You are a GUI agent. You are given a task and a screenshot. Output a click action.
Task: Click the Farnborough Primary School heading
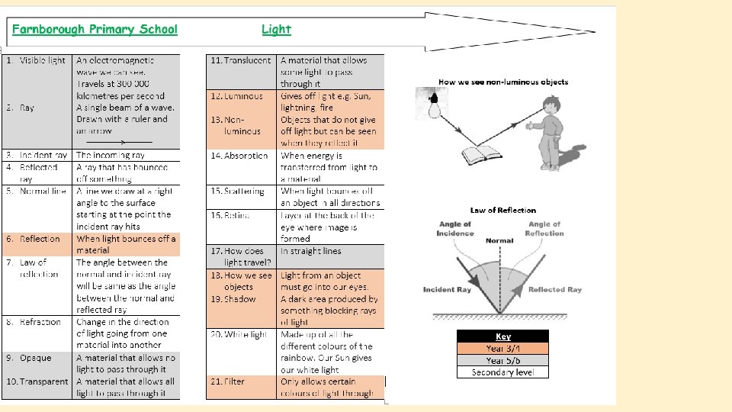pyautogui.click(x=95, y=30)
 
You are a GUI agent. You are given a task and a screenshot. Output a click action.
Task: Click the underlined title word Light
pyautogui.click(x=276, y=30)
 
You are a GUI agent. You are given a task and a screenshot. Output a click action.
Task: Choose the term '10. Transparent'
pyautogui.click(x=37, y=381)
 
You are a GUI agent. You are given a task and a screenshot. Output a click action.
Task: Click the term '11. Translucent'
pyautogui.click(x=241, y=60)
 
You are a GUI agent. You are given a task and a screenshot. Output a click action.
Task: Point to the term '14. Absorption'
pyautogui.click(x=239, y=156)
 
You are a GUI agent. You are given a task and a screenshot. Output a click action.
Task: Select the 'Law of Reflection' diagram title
pyautogui.click(x=502, y=210)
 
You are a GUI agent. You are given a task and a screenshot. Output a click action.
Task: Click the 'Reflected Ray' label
pyautogui.click(x=555, y=290)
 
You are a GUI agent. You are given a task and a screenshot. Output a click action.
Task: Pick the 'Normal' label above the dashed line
pyautogui.click(x=499, y=241)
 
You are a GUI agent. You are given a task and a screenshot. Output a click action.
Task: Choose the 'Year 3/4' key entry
pyautogui.click(x=502, y=349)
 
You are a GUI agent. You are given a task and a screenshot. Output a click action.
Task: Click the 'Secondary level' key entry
pyautogui.click(x=502, y=372)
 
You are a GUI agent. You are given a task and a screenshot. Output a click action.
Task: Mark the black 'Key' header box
pyautogui.click(x=502, y=336)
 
